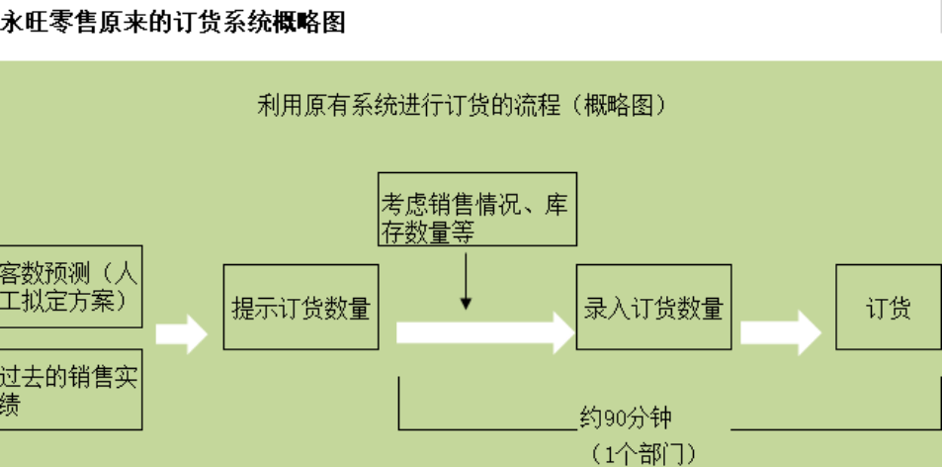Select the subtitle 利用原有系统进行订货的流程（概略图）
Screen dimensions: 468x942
pos(462,105)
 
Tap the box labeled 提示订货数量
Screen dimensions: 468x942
pos(300,307)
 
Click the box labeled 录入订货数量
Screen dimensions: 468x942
pos(653,307)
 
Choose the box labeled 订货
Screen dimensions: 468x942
pos(888,307)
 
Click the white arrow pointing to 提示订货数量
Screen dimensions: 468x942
pos(182,333)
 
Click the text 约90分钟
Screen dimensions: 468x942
pos(625,419)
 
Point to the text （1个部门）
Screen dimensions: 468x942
pos(643,454)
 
